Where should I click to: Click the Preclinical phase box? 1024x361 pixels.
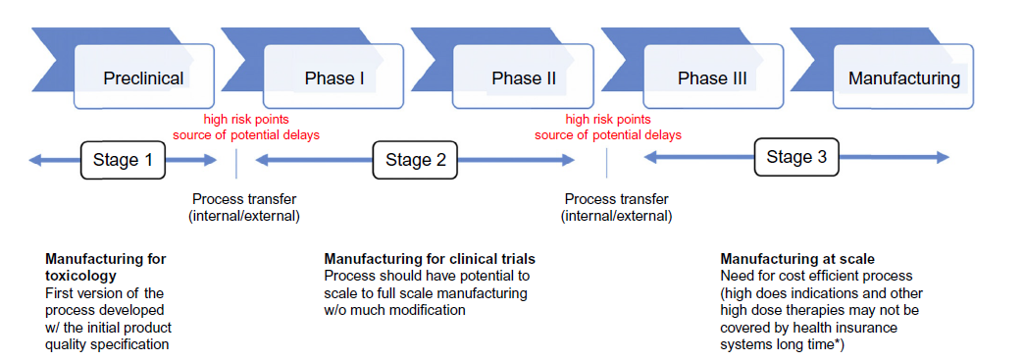[143, 76]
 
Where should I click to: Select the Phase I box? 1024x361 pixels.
[333, 76]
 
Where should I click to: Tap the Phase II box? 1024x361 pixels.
[523, 76]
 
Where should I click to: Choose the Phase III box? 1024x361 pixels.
[713, 76]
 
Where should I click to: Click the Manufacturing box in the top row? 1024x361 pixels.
[903, 76]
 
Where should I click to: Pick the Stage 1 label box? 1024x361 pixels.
[123, 160]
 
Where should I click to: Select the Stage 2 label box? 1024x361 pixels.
[415, 160]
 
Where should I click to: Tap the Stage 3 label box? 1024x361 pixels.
[796, 157]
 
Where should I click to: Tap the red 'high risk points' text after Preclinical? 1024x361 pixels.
[245, 120]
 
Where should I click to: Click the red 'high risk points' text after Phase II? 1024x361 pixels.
[608, 120]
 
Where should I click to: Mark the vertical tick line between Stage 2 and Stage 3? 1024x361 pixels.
[607, 163]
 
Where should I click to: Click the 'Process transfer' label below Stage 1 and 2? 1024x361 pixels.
[244, 199]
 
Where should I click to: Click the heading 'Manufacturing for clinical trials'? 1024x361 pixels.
[430, 259]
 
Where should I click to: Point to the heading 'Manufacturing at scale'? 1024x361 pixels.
[797, 259]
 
